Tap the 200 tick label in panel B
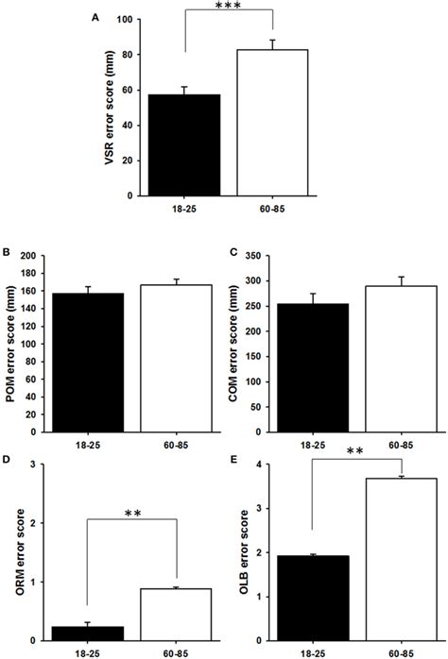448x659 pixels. [35, 256]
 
